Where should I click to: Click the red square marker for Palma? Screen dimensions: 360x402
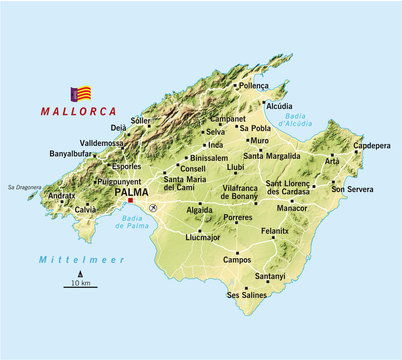(x=130, y=200)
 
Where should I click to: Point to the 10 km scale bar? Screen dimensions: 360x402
(x=80, y=287)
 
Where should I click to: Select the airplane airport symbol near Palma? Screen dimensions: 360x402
(x=153, y=207)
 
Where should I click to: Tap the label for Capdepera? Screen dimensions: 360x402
(x=372, y=145)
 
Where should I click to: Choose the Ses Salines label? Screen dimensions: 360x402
(x=247, y=295)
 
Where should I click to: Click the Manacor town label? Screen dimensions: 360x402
(x=292, y=208)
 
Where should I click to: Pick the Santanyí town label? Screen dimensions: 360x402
(x=270, y=275)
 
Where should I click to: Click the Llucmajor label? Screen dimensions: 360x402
(x=203, y=237)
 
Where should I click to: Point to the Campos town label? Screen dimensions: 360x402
(x=238, y=259)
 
